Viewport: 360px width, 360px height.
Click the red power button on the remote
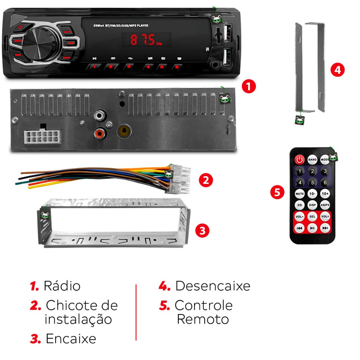pyautogui.click(x=300, y=160)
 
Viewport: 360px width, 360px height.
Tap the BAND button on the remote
pyautogui.click(x=312, y=160)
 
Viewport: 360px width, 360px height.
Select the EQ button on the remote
pyautogui.click(x=300, y=205)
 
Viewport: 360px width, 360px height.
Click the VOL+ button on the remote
pyautogui.click(x=325, y=217)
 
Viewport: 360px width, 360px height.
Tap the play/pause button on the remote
pyautogui.click(x=312, y=228)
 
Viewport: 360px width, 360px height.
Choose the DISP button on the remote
pyautogui.click(x=312, y=205)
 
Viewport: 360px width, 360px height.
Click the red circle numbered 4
pyautogui.click(x=337, y=70)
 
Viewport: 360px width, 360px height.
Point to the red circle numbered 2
pyautogui.click(x=206, y=180)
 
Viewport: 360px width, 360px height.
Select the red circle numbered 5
pyautogui.click(x=277, y=192)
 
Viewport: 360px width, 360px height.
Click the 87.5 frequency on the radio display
pyautogui.click(x=143, y=40)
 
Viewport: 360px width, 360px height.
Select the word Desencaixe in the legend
pyautogui.click(x=213, y=286)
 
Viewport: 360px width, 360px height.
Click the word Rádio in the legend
pyautogui.click(x=62, y=286)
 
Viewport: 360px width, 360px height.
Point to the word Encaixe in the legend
pyautogui.click(x=71, y=339)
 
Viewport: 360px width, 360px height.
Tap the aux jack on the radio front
pyautogui.click(x=214, y=64)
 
